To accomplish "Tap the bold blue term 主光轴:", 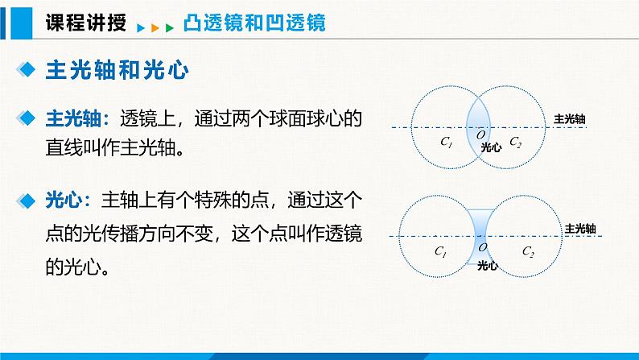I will coord(78,119).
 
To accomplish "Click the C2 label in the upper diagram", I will coord(516,143).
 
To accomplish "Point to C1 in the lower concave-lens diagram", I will coord(440,251).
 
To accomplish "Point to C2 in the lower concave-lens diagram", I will coord(528,251).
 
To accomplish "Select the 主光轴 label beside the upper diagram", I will coord(569,119).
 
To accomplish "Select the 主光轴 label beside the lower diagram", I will coord(580,228).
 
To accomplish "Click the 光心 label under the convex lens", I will coord(491,148).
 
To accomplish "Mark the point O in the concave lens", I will coord(483,247).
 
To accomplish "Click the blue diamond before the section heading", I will coord(29,71).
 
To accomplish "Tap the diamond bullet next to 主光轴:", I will coord(29,119).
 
